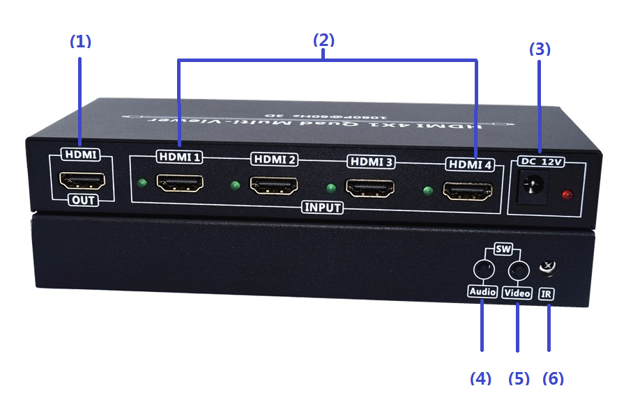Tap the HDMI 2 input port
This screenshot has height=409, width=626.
point(273,186)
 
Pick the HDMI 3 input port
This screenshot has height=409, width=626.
point(369,188)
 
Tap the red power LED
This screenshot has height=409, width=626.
point(567,194)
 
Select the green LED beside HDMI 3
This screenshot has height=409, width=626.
point(331,188)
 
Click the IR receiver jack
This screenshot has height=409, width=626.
point(548,267)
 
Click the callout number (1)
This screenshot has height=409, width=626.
point(81,41)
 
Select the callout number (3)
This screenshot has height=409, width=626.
point(540,49)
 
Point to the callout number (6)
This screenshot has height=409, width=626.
point(553,378)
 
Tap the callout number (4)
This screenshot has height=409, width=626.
point(480,378)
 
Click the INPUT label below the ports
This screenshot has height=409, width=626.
point(323,208)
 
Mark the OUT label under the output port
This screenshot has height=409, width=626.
point(82,201)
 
